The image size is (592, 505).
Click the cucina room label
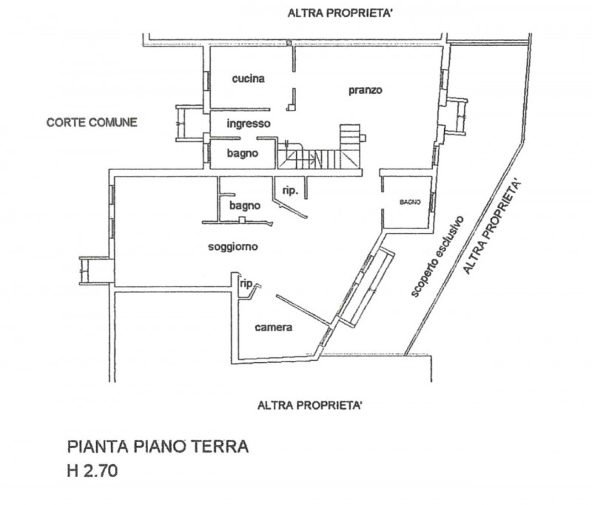(248, 78)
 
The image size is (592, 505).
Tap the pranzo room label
(365, 90)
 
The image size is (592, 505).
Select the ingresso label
(249, 123)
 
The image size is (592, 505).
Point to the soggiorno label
(233, 247)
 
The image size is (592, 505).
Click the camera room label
(273, 328)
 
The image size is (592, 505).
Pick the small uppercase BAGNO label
(410, 202)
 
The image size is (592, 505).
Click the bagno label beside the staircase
(243, 153)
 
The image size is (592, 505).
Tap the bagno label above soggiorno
(245, 206)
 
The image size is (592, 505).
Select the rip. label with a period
(290, 191)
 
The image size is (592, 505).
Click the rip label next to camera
(246, 284)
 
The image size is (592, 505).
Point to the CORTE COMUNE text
(92, 122)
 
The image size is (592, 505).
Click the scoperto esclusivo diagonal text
(437, 257)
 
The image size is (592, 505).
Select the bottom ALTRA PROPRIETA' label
(310, 405)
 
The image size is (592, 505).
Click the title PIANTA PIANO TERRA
(158, 447)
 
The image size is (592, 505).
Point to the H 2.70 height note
(92, 471)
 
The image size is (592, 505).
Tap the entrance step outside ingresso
(190, 123)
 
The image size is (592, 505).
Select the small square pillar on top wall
(289, 43)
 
